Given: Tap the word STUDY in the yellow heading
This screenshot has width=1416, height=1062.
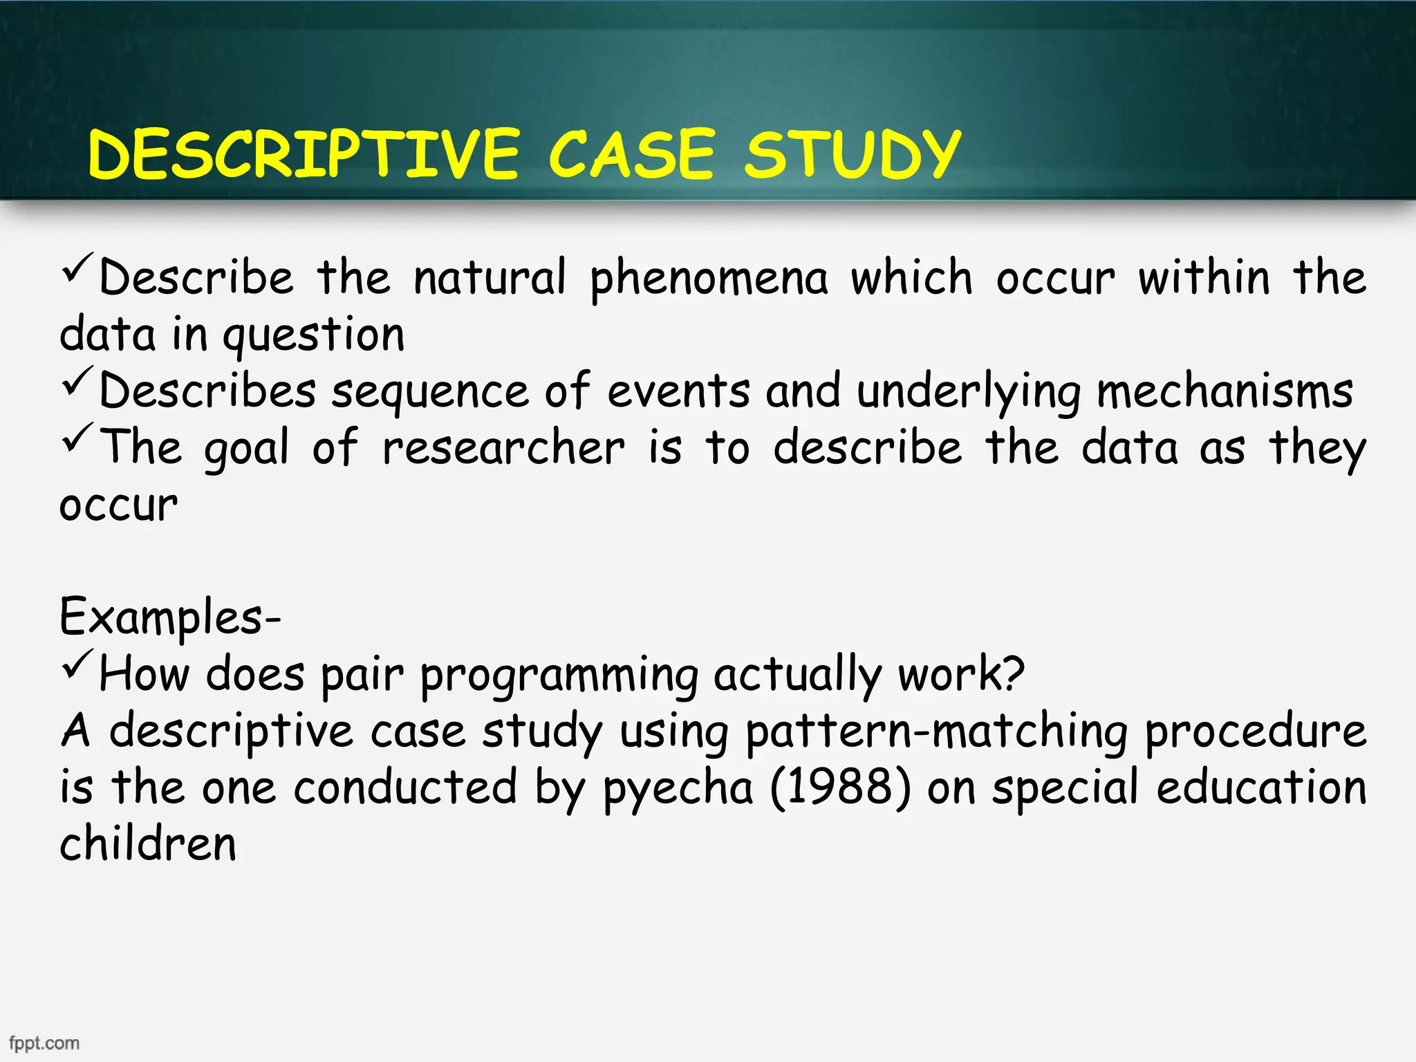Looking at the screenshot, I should click(x=852, y=154).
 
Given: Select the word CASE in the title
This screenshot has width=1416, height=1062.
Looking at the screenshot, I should click(x=631, y=154).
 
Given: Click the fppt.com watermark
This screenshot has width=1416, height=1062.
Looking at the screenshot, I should click(x=44, y=1043).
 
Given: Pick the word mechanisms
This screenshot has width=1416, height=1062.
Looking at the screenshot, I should click(x=1224, y=391).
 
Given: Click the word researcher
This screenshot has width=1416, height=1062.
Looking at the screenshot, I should click(x=503, y=448).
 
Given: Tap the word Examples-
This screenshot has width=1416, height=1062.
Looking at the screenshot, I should click(x=169, y=617).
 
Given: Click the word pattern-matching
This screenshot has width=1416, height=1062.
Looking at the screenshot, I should click(x=936, y=732).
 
